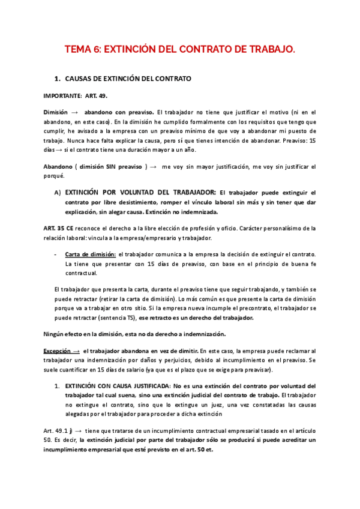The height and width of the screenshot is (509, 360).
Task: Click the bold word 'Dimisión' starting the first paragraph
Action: pos(56,112)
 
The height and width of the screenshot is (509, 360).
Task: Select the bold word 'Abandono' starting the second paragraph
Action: pos(58,166)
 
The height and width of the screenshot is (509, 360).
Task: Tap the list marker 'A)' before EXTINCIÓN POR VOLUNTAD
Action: pos(58,193)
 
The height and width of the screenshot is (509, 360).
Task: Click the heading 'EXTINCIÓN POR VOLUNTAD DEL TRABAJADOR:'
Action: pos(140,193)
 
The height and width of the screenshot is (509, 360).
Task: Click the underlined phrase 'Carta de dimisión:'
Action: pos(91,254)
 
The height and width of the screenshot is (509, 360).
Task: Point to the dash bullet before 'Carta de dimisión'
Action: pos(56,254)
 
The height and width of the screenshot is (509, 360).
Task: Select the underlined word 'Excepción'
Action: pos(59,350)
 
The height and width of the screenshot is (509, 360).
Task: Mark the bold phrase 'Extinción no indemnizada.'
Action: pos(181,212)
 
